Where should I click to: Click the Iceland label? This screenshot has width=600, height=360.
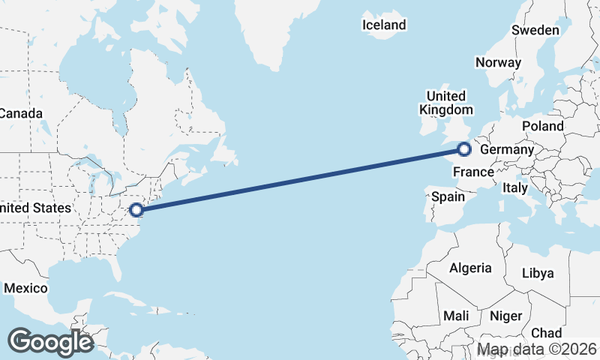(x=384, y=25)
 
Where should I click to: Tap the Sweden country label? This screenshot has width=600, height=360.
(x=535, y=30)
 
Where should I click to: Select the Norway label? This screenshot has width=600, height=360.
(x=498, y=62)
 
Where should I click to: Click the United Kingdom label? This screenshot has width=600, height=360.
(x=445, y=103)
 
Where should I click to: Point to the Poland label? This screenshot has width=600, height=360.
(x=542, y=125)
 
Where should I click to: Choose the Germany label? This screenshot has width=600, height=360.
(x=506, y=150)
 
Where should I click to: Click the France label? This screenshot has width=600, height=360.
(x=474, y=172)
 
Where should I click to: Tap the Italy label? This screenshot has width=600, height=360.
(x=515, y=187)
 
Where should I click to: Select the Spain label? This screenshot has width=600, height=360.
(x=448, y=197)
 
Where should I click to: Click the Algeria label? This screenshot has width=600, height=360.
(x=470, y=268)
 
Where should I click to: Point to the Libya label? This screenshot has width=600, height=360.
(x=537, y=273)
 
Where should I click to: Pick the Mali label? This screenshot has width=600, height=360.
(x=457, y=316)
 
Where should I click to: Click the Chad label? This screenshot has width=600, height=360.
(x=546, y=332)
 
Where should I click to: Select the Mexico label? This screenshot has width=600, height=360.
(x=25, y=288)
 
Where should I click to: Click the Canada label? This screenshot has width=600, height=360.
(x=20, y=113)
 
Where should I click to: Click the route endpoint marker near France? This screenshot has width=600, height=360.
(x=464, y=149)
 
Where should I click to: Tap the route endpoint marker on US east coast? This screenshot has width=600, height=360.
(x=136, y=210)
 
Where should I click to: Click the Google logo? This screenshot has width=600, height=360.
(x=50, y=342)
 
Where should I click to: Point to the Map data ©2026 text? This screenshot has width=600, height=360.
(x=537, y=349)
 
